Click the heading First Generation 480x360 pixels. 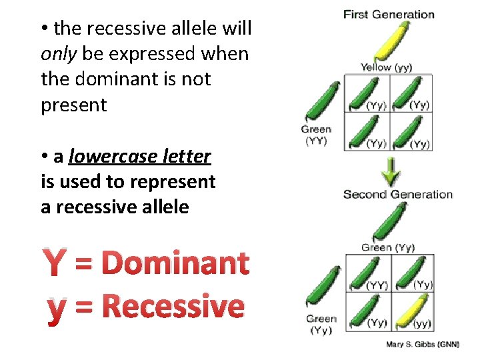point(389,14)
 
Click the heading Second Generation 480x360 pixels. point(397,195)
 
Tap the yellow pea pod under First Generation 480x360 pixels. point(394,40)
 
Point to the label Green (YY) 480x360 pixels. point(316,135)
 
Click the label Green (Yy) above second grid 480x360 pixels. point(387,247)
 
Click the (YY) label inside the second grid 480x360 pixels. point(377,285)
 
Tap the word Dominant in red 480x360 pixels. point(177,263)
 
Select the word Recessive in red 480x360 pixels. point(174,307)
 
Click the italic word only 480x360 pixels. point(59,54)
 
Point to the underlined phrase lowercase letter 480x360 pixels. point(139,157)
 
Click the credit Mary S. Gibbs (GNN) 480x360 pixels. point(423,344)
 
